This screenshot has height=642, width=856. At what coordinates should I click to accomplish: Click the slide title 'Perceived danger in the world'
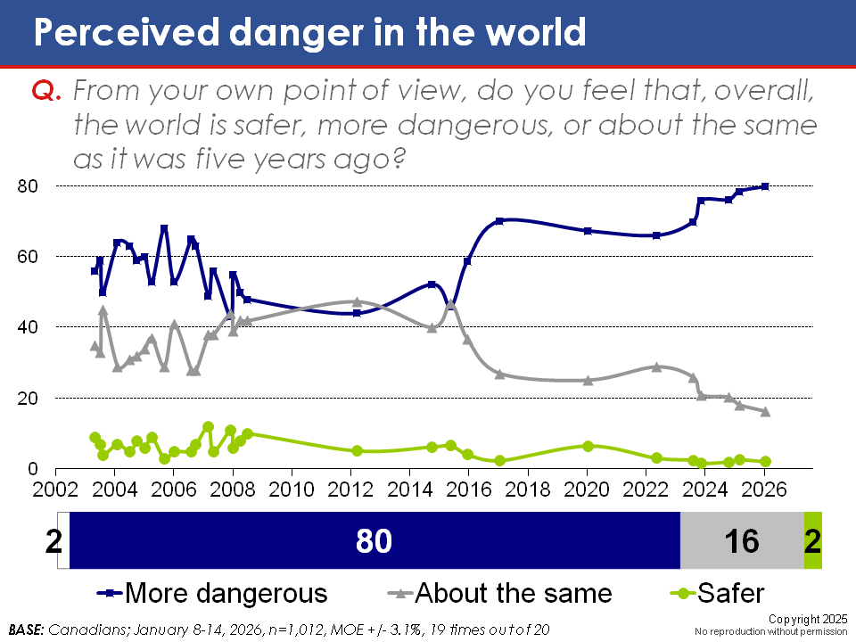(x=309, y=33)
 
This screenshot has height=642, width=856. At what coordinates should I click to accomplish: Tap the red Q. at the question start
(x=45, y=91)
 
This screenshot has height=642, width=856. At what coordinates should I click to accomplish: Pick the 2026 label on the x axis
(x=764, y=490)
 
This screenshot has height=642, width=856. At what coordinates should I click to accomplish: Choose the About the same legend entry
(x=500, y=593)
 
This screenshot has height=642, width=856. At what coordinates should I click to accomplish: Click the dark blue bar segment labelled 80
(x=374, y=540)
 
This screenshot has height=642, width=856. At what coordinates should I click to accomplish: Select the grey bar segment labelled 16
(x=742, y=540)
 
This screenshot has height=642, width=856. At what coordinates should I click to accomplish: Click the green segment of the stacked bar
(x=812, y=540)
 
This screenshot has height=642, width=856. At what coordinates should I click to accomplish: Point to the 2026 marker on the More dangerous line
(x=765, y=186)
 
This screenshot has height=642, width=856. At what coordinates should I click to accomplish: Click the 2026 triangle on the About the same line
(x=765, y=411)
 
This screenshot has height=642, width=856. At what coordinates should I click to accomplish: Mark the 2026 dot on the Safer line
(x=765, y=461)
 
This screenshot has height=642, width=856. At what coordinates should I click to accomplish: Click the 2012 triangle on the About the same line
(x=357, y=302)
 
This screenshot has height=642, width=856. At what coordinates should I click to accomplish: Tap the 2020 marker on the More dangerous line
(x=588, y=231)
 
